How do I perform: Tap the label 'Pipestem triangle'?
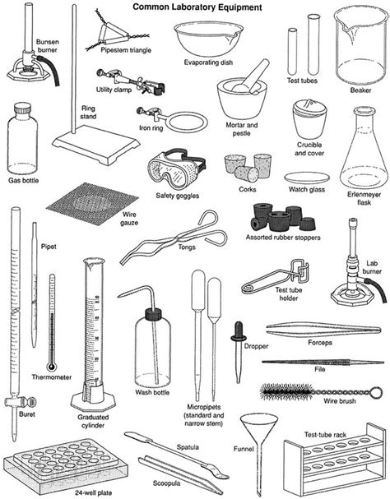128,51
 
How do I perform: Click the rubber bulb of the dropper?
239,331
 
